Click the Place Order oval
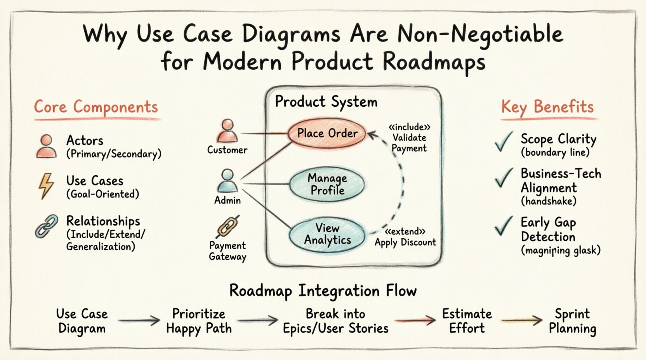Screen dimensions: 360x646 (327, 133)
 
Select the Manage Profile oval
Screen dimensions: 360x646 (327, 184)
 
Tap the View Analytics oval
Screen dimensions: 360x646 (327, 234)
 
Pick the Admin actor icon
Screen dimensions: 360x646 (227, 181)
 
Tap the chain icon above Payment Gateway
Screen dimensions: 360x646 (228, 227)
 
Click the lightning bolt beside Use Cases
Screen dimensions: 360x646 (46, 186)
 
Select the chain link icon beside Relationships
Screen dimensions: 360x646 (47, 226)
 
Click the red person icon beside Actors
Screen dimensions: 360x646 (47, 146)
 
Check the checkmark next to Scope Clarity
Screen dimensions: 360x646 (504, 142)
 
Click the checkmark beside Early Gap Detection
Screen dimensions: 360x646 (504, 226)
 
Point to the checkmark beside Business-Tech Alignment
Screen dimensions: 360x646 (504, 178)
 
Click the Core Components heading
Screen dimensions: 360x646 (96, 107)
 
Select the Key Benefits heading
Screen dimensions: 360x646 (547, 106)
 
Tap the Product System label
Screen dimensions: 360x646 (326, 102)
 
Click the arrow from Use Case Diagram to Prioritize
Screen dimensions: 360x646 (139, 320)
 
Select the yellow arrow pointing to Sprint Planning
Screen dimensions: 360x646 (521, 320)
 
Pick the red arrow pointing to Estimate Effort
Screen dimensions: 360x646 (415, 320)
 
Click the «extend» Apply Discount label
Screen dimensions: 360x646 (405, 237)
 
